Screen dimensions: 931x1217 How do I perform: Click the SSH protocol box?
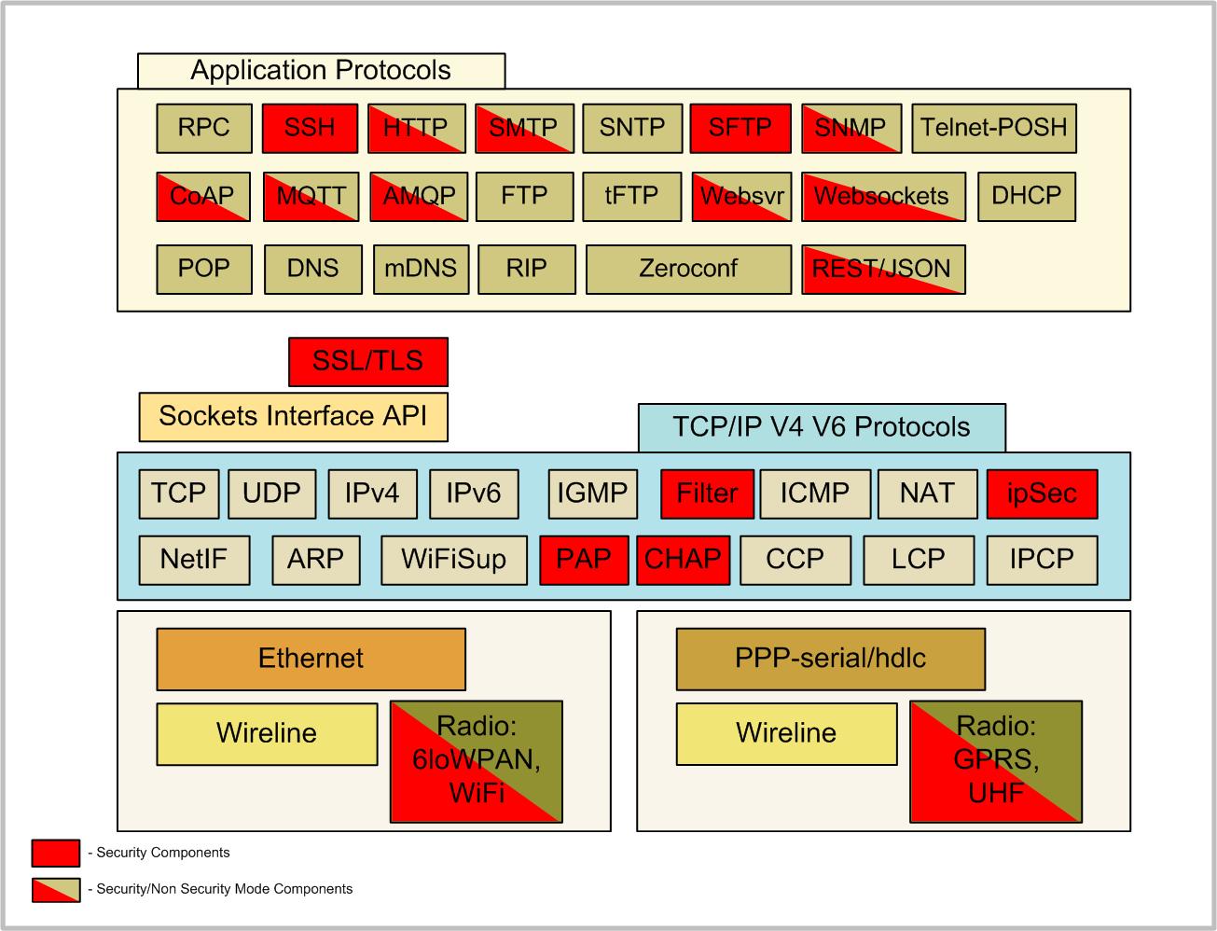[310, 128]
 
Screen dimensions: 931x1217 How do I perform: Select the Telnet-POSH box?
[993, 128]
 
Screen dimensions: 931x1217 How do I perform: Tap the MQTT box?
[311, 196]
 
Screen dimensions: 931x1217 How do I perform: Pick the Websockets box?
[882, 196]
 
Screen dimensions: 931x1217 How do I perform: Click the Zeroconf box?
[688, 269]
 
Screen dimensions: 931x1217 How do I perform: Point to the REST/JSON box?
[882, 269]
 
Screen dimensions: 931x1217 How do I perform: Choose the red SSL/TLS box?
[367, 362]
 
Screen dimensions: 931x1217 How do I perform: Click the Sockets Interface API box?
[293, 416]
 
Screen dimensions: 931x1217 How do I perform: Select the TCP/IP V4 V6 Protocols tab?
[821, 427]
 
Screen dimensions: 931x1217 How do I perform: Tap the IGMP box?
[592, 493]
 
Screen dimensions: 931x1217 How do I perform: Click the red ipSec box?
[1041, 493]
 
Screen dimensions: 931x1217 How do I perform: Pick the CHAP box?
[683, 560]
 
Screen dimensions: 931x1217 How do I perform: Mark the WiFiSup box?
[453, 560]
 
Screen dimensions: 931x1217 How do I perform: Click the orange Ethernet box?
[311, 659]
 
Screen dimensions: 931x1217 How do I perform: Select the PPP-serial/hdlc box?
[830, 659]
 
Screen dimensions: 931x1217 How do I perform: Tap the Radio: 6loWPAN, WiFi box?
[476, 760]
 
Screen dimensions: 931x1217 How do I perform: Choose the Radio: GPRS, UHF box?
[995, 760]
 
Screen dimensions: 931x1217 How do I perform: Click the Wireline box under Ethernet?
[267, 733]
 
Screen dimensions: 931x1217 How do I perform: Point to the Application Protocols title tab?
[321, 71]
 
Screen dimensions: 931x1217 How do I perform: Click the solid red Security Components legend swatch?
[55, 853]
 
